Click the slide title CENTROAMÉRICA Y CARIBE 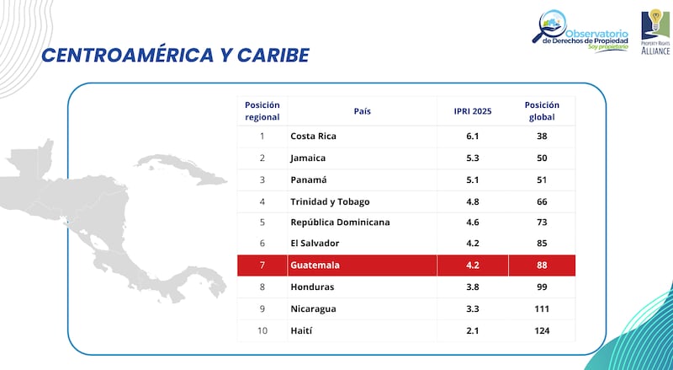coord(175,56)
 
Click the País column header coord(362,110)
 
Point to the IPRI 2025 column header coord(472,110)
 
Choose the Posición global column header coord(542,110)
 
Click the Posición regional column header coord(262,110)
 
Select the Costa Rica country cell coord(313,136)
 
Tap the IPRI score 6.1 coord(472,136)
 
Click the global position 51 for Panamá coord(542,180)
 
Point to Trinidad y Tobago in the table coord(330,201)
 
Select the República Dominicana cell coord(340,223)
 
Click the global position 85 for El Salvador coord(542,244)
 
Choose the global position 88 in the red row coord(542,265)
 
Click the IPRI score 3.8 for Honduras coord(472,287)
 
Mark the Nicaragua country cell coord(313,309)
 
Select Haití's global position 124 coord(542,330)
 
